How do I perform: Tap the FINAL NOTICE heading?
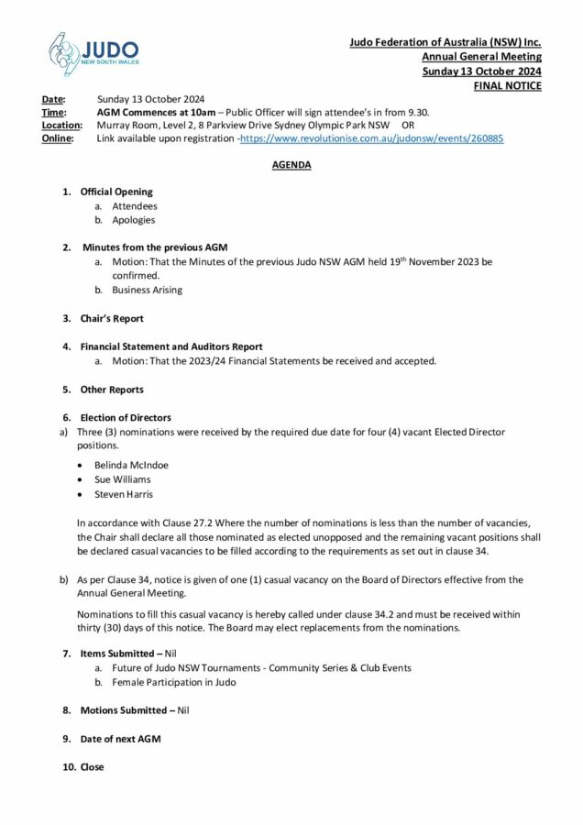coord(507,86)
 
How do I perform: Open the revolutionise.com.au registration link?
coord(371,138)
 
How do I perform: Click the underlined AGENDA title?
coord(291,165)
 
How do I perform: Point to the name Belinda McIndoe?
coord(131,465)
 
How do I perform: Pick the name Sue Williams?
coord(122,479)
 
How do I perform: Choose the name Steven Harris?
coord(123,494)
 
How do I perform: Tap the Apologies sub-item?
coord(134,220)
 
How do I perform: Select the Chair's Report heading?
coord(112,319)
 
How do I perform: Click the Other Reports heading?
coord(112,390)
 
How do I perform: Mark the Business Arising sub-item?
coord(147,290)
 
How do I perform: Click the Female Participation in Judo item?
coord(174,682)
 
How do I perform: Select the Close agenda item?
coord(92,767)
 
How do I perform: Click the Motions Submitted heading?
coord(116,710)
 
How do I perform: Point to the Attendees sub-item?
coord(135,206)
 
